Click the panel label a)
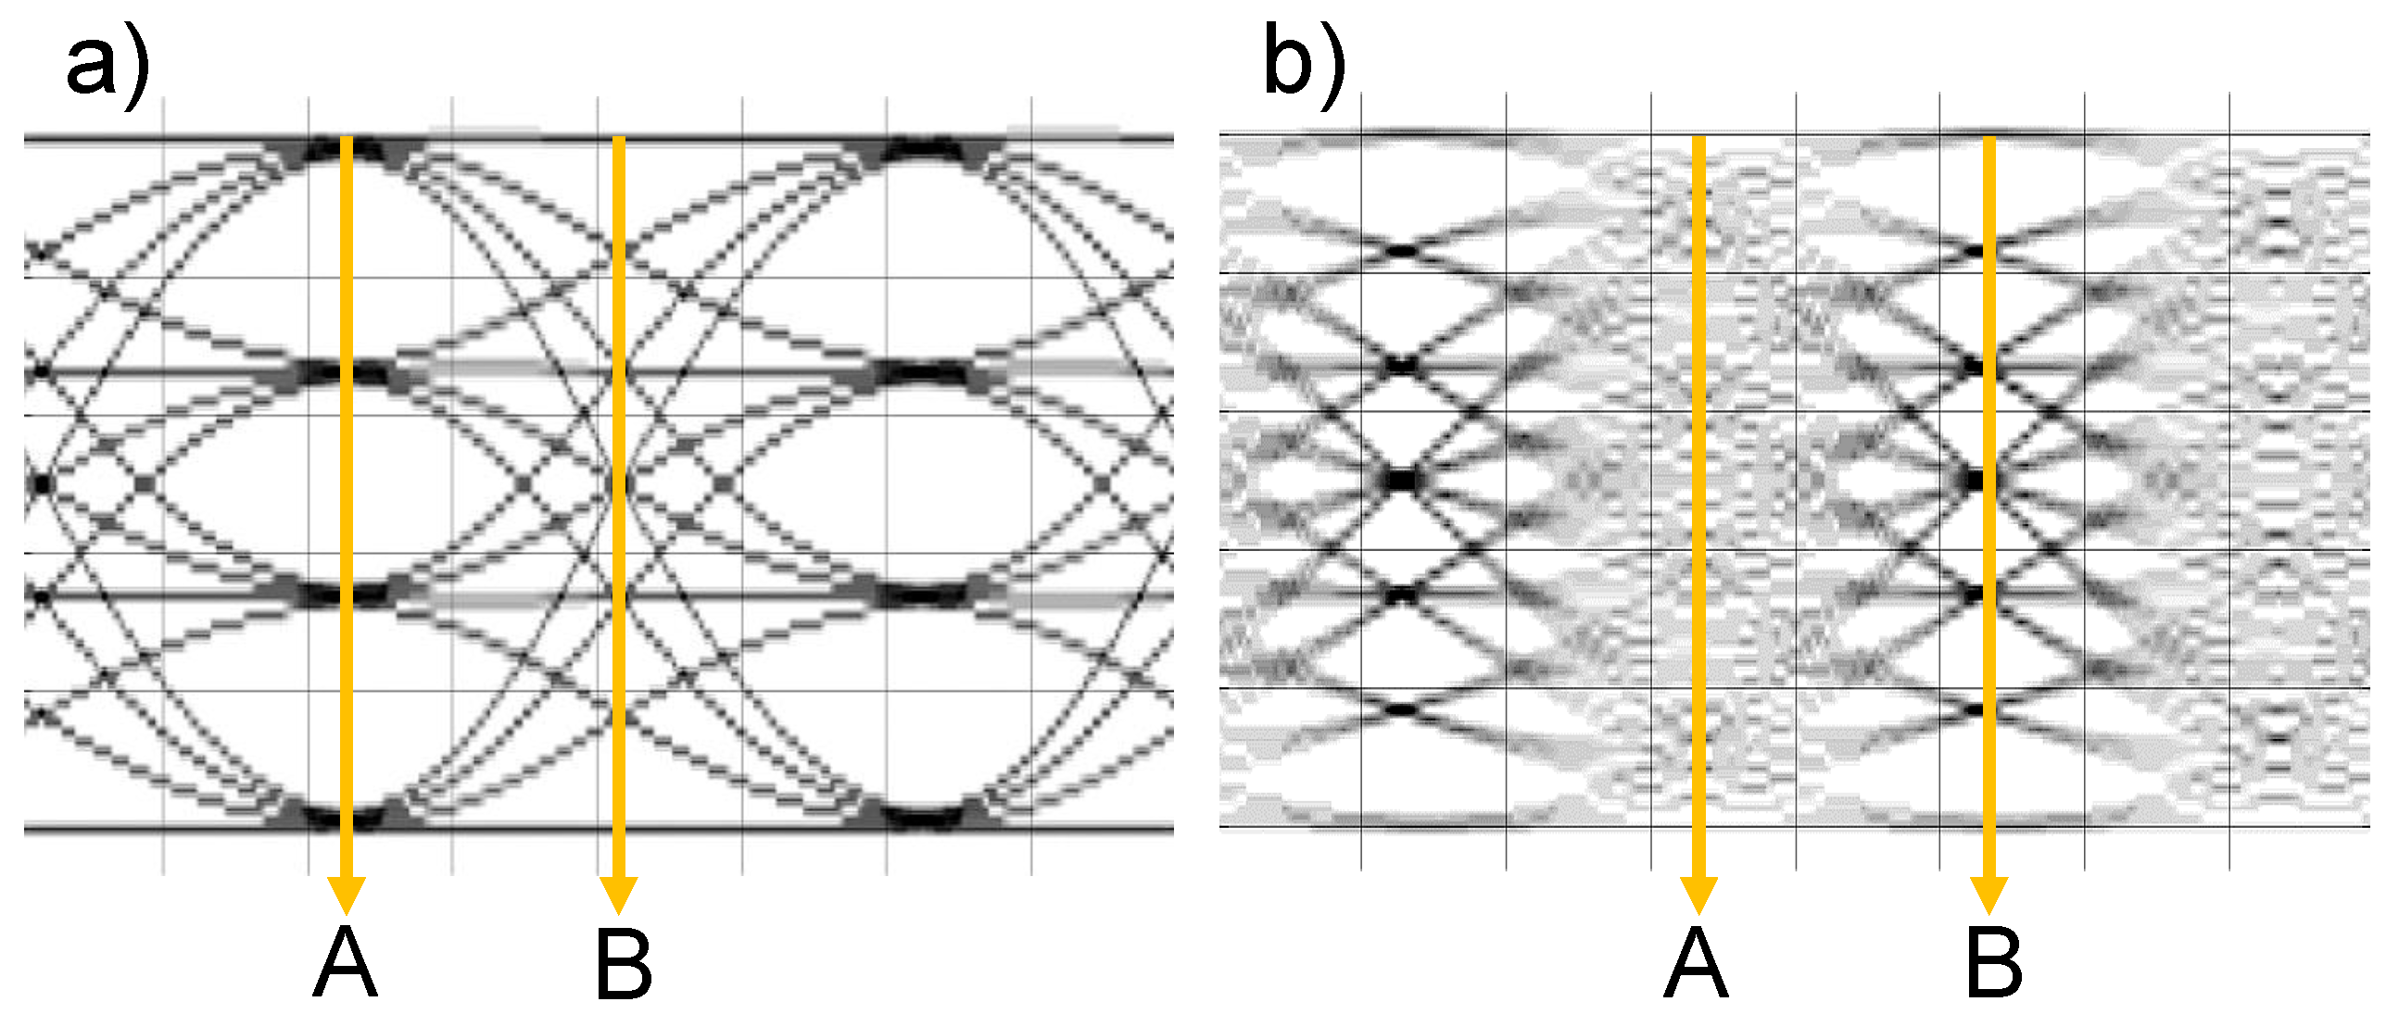coord(107,64)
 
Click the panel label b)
coord(1304,64)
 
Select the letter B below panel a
coord(623,964)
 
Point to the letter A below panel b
coord(1696,964)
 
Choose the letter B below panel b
coord(1994,964)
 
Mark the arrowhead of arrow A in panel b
coord(1698,894)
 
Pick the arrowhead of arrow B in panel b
coord(1989,894)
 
